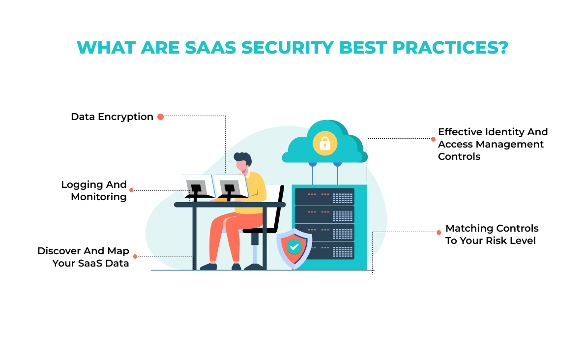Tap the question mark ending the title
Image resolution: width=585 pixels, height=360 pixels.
pyautogui.click(x=503, y=47)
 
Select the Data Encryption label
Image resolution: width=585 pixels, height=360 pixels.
pyautogui.click(x=112, y=117)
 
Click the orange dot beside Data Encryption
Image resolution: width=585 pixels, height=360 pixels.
pyautogui.click(x=160, y=117)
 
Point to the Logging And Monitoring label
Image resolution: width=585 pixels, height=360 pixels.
pyautogui.click(x=94, y=191)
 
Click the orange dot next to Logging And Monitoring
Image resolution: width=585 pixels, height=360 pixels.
pyautogui.click(x=131, y=190)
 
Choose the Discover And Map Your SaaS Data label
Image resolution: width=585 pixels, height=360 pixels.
pyautogui.click(x=83, y=257)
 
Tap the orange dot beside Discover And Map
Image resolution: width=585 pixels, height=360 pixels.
pyautogui.click(x=135, y=257)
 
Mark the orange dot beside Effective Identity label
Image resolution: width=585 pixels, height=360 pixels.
pyautogui.click(x=433, y=139)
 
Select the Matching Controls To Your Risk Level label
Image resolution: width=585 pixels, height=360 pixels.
pyautogui.click(x=492, y=234)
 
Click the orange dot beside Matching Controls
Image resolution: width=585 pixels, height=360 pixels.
pyautogui.click(x=439, y=233)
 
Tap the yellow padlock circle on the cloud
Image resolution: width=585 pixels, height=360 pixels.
pyautogui.click(x=325, y=143)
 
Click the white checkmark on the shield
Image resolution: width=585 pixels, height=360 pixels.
pyautogui.click(x=294, y=246)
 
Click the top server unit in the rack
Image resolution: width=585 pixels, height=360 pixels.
pyautogui.click(x=324, y=197)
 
